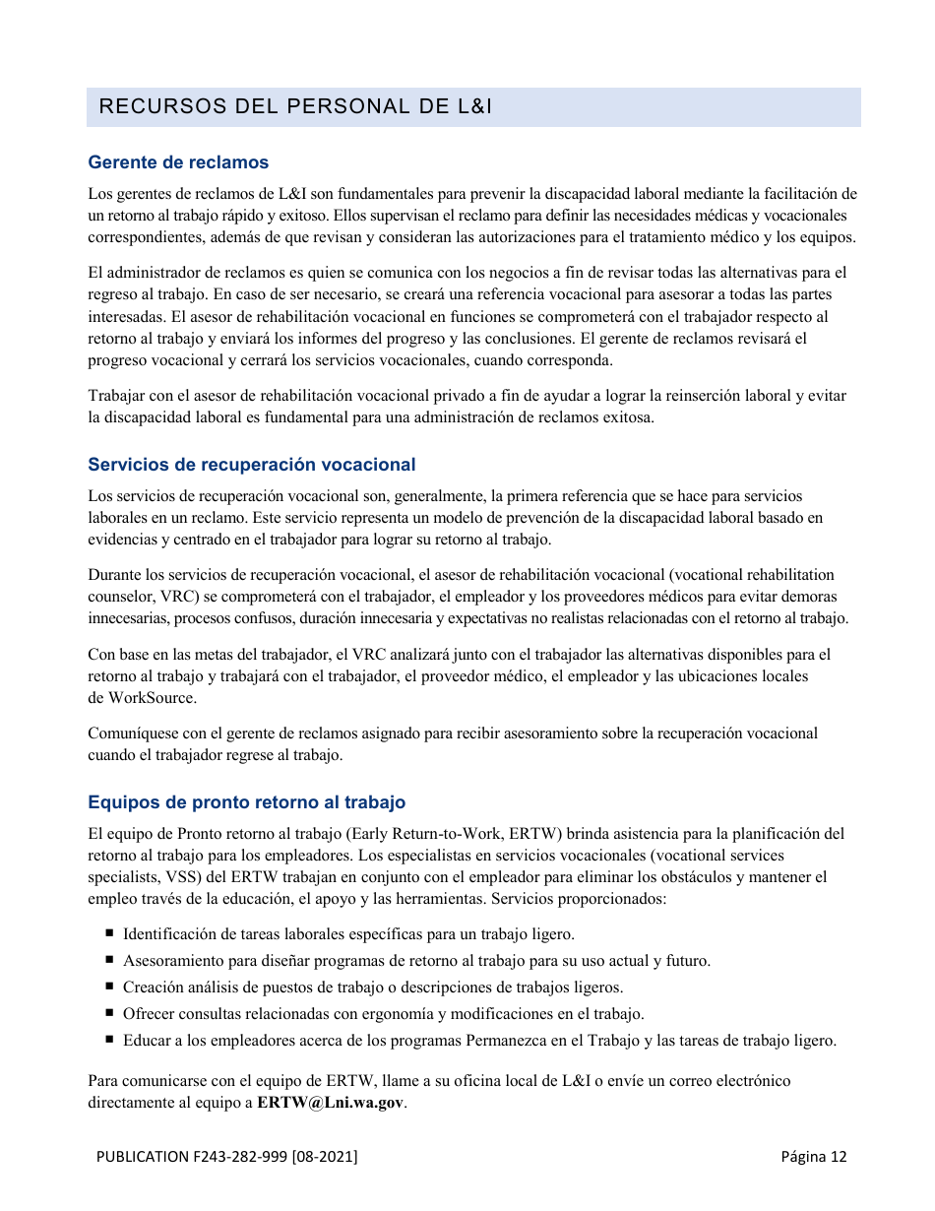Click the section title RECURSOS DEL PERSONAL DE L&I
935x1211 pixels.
(295, 106)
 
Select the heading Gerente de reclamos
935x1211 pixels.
(178, 162)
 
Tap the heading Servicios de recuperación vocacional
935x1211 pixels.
(251, 465)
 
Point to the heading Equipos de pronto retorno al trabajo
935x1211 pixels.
(246, 802)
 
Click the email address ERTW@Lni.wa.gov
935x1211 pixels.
(330, 1103)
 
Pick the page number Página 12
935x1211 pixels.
(813, 1157)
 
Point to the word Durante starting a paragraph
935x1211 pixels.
(113, 575)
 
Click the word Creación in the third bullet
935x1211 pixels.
(153, 987)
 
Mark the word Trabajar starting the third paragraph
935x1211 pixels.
(117, 396)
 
